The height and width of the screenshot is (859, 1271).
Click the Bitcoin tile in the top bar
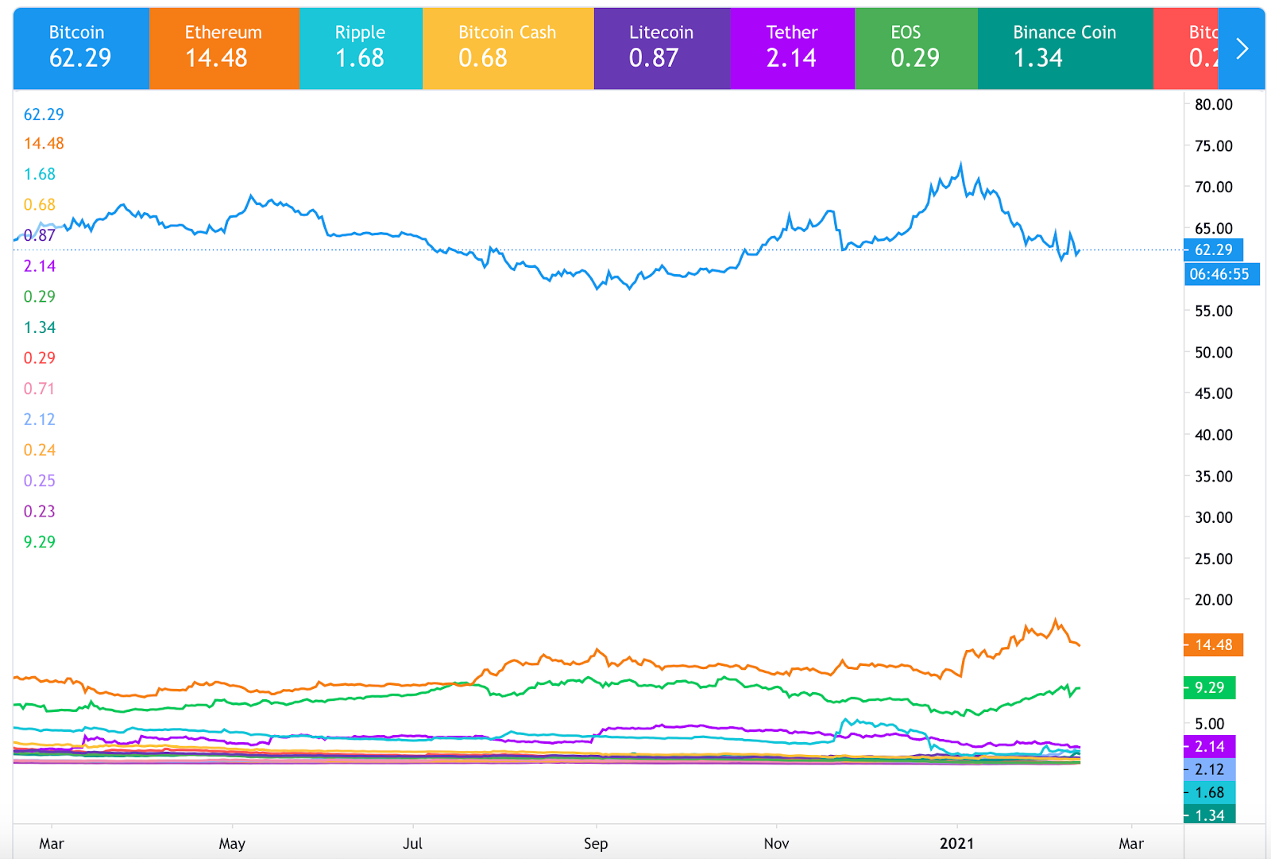(80, 48)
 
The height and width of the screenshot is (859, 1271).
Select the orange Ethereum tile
(224, 48)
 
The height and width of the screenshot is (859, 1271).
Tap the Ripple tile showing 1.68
(361, 48)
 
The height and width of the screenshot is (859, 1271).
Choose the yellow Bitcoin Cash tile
(508, 48)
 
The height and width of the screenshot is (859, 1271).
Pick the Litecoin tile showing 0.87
(661, 48)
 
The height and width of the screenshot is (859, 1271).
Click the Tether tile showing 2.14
(792, 48)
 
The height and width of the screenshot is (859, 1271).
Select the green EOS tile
(915, 48)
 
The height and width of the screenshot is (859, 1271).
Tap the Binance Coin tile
(1064, 48)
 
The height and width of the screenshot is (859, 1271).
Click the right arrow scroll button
(1242, 48)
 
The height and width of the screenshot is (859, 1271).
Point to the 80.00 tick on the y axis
(1214, 105)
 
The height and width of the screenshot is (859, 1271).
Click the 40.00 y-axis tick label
(1214, 435)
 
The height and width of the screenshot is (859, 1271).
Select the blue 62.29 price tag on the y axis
(1213, 250)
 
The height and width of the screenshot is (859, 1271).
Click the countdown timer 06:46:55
(1219, 274)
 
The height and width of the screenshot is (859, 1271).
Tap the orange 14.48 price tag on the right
(1213, 644)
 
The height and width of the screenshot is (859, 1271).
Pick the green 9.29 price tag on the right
(1209, 687)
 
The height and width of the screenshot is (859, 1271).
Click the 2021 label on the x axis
(956, 843)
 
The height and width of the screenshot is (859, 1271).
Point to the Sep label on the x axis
(596, 843)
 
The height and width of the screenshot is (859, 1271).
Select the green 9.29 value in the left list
(40, 542)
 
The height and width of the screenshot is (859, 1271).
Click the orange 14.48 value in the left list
(44, 144)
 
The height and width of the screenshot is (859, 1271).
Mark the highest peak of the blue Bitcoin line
(961, 164)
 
